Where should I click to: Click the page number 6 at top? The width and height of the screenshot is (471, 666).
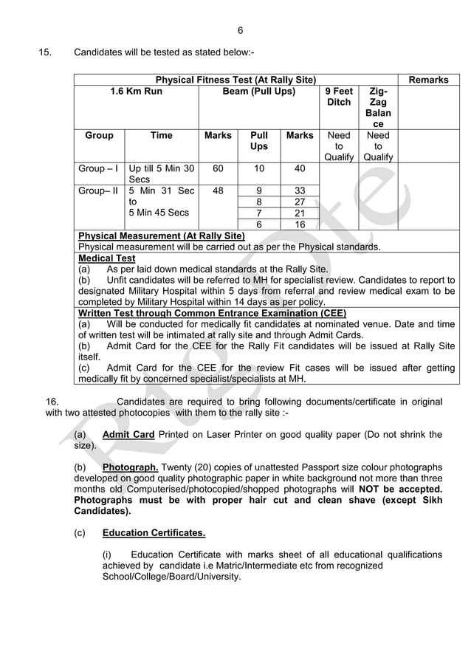point(240,30)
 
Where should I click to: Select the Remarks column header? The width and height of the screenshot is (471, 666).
point(427,80)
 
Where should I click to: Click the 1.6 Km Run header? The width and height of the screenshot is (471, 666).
point(136,92)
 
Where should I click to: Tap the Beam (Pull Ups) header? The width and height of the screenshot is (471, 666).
point(258,92)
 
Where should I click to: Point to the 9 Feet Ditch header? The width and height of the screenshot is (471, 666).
point(339,97)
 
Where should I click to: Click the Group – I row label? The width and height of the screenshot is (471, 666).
point(100,168)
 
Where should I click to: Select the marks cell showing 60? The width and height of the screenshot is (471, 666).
point(218,168)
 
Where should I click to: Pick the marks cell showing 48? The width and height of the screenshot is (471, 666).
point(218,190)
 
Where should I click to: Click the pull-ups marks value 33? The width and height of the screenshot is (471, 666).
point(300,190)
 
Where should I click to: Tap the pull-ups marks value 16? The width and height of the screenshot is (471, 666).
point(300,224)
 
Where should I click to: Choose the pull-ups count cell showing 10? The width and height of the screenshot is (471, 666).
point(258,168)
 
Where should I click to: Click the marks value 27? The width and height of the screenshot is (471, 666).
point(300,202)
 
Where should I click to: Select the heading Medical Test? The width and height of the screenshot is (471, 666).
point(106,258)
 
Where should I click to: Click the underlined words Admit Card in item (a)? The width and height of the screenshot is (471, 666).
point(128,434)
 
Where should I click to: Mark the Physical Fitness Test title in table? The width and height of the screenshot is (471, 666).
point(235,80)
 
